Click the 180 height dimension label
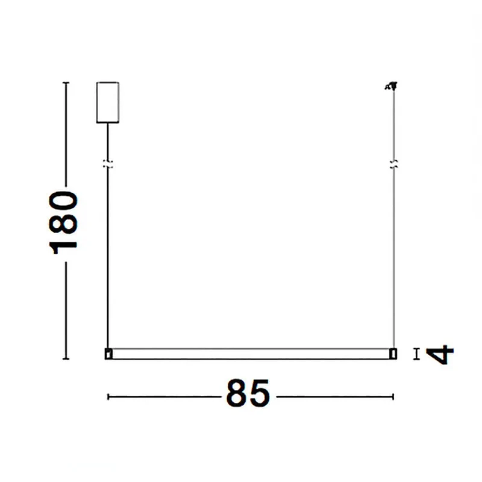tap(63, 222)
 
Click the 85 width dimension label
tap(248, 393)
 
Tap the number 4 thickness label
tap(440, 354)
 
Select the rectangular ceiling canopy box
tap(108, 102)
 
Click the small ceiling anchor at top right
tap(391, 86)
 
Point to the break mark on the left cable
tap(108, 164)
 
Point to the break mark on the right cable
tap(394, 164)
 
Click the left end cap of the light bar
tap(108, 354)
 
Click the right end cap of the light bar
tap(393, 354)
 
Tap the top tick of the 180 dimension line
tap(66, 83)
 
